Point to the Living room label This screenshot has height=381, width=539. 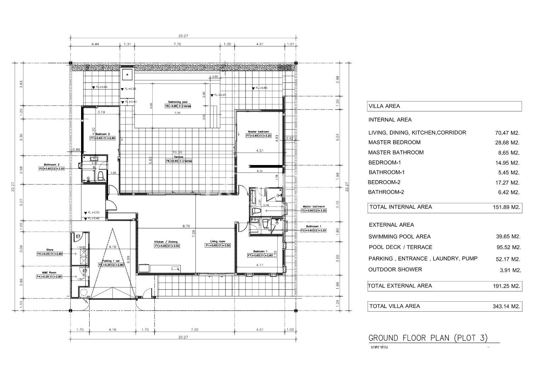click(x=217, y=241)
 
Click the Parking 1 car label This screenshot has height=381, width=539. click(x=110, y=261)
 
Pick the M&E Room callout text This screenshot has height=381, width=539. click(x=49, y=272)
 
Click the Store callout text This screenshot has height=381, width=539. click(x=49, y=250)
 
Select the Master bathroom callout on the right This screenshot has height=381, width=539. click(x=313, y=206)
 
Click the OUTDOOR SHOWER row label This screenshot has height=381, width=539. click(x=395, y=269)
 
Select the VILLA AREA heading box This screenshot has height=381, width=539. click(x=444, y=106)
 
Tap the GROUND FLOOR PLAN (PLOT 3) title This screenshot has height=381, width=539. click(x=428, y=338)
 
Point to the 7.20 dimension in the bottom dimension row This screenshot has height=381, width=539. click(x=194, y=330)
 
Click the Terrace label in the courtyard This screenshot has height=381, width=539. click(x=178, y=157)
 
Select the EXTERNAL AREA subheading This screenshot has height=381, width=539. click(x=391, y=225)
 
